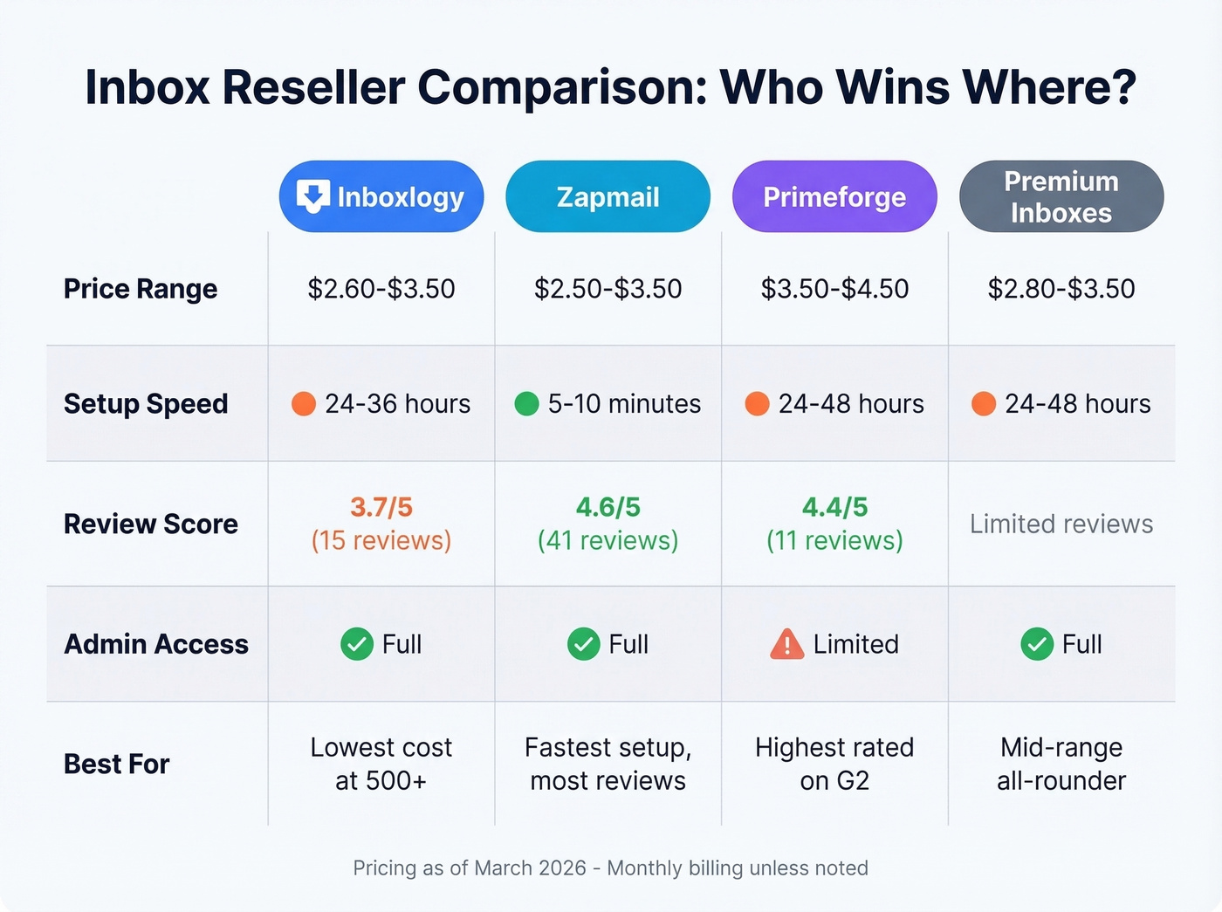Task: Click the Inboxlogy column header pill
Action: click(381, 196)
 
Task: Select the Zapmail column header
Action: click(608, 196)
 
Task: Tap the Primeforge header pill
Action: click(834, 196)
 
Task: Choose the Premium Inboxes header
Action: click(1061, 196)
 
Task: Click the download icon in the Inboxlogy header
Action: click(313, 196)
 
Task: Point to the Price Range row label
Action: click(141, 289)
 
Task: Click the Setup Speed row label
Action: click(146, 403)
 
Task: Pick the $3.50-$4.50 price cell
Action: click(834, 289)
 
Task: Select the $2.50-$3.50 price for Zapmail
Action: click(608, 289)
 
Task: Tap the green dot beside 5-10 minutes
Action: click(526, 404)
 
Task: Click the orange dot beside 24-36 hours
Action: click(303, 404)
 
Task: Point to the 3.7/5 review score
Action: click(381, 507)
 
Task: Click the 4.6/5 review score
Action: click(608, 507)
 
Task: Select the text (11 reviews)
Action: click(834, 541)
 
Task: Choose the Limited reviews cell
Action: click(1061, 524)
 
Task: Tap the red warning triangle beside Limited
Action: click(786, 644)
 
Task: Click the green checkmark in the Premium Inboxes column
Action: click(1037, 644)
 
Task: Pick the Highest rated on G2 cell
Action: click(834, 764)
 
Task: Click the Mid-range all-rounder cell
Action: click(1061, 764)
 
